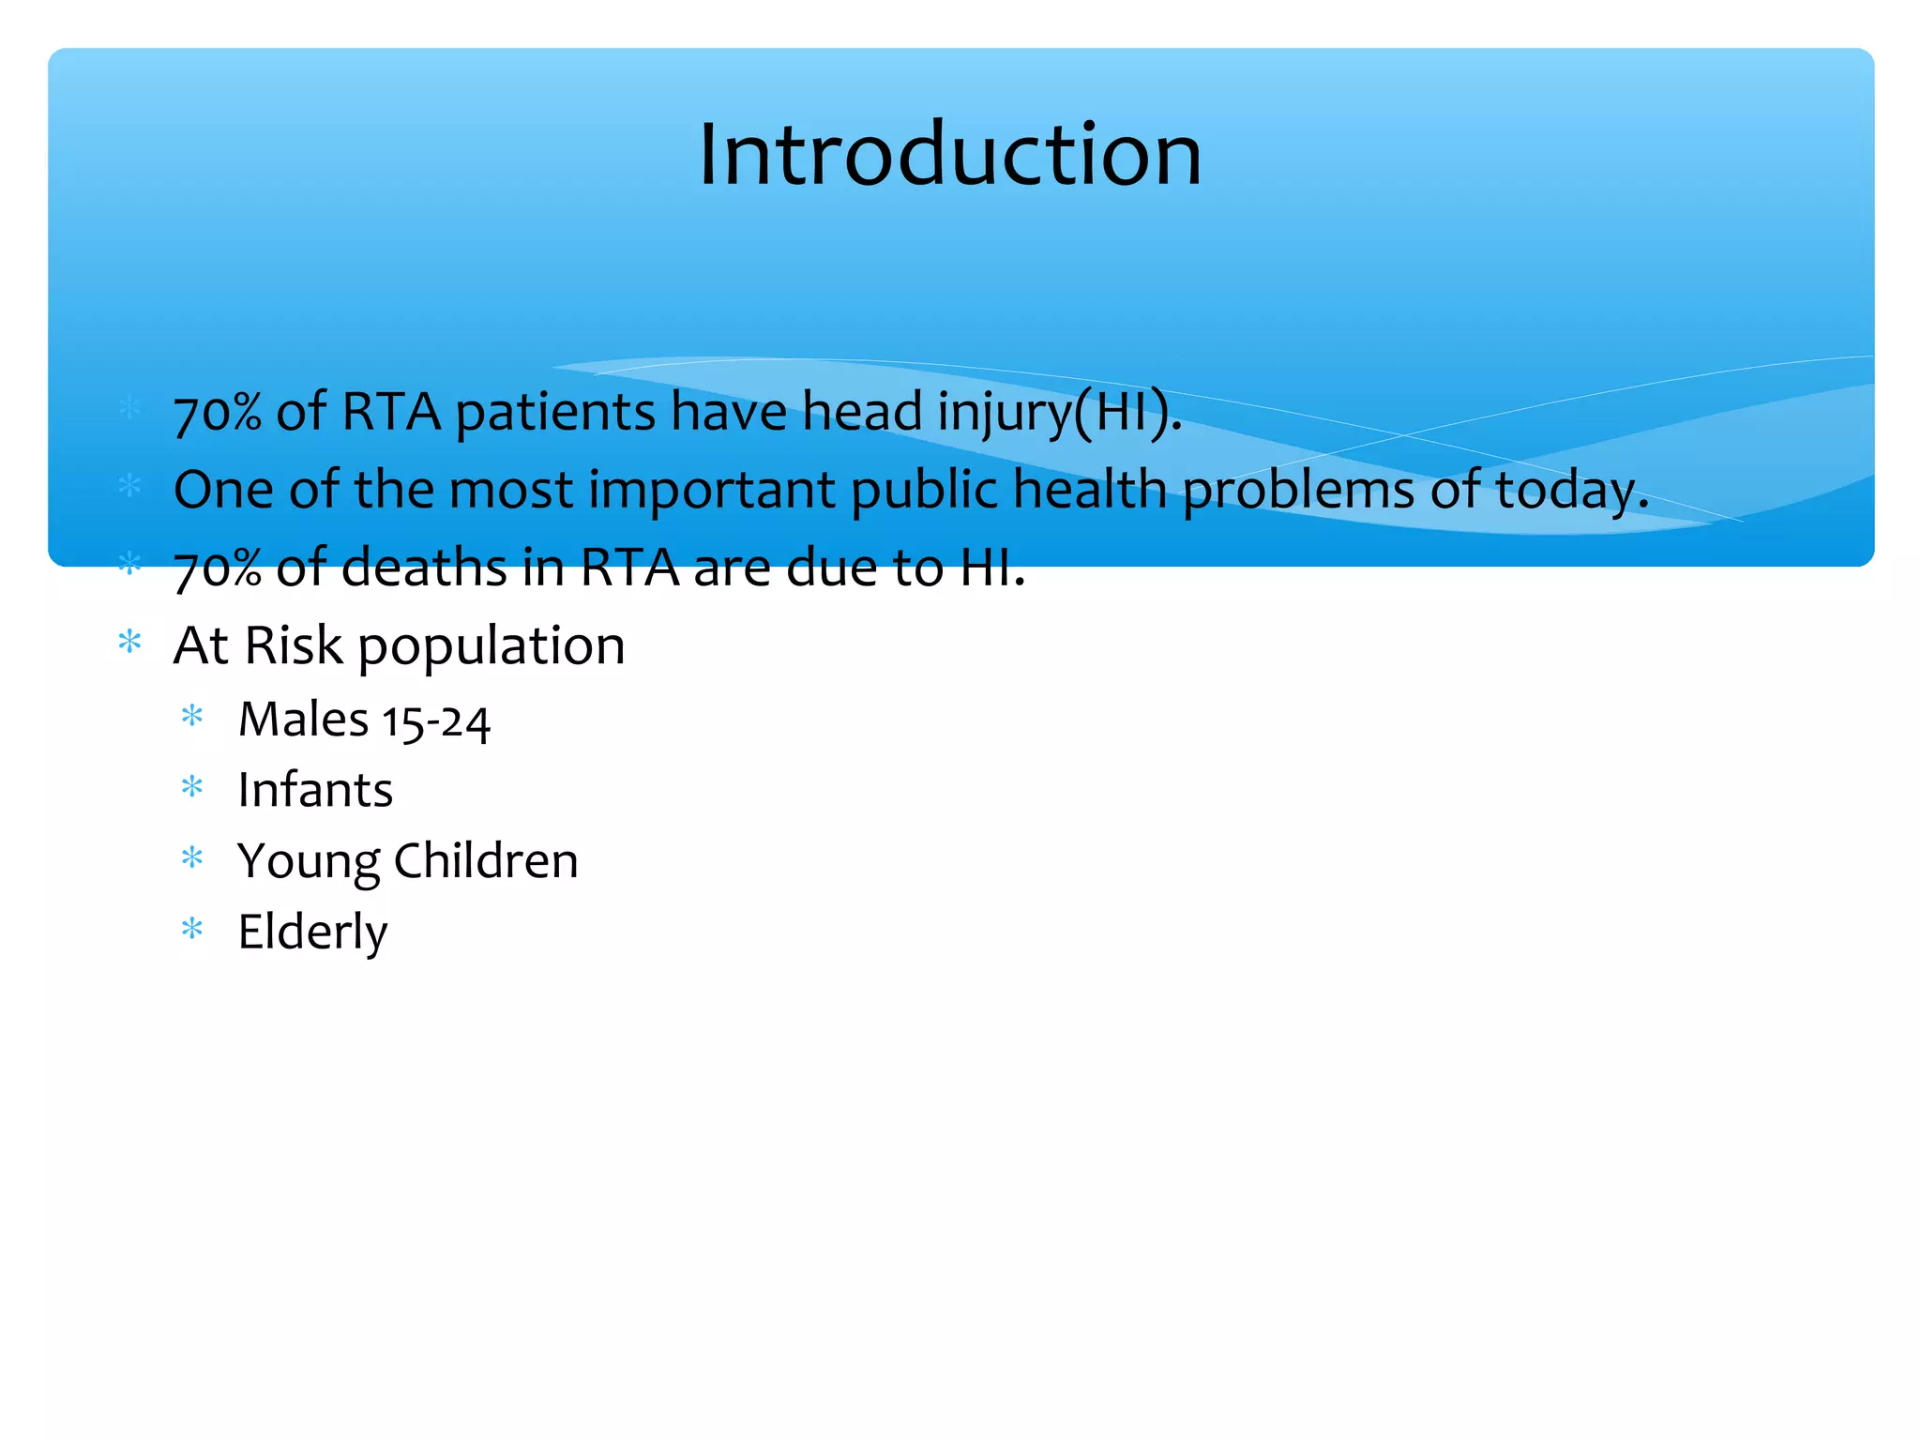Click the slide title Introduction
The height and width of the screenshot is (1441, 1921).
point(949,155)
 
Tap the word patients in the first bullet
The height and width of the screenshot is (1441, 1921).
point(554,413)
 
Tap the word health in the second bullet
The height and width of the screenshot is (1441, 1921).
point(1089,490)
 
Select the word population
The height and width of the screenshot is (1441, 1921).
point(492,647)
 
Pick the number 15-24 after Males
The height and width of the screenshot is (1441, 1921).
point(436,722)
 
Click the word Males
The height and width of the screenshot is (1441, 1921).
point(303,720)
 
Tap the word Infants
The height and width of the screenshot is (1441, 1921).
point(315,790)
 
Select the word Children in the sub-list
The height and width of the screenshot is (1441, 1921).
point(486,861)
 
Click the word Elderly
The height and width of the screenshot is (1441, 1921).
point(312,933)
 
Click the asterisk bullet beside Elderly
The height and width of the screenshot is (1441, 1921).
point(192,929)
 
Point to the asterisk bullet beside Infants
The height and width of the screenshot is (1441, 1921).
point(192,786)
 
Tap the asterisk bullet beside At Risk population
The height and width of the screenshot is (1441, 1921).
point(129,643)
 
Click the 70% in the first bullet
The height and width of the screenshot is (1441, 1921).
point(218,413)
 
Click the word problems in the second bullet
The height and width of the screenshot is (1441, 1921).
point(1297,492)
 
